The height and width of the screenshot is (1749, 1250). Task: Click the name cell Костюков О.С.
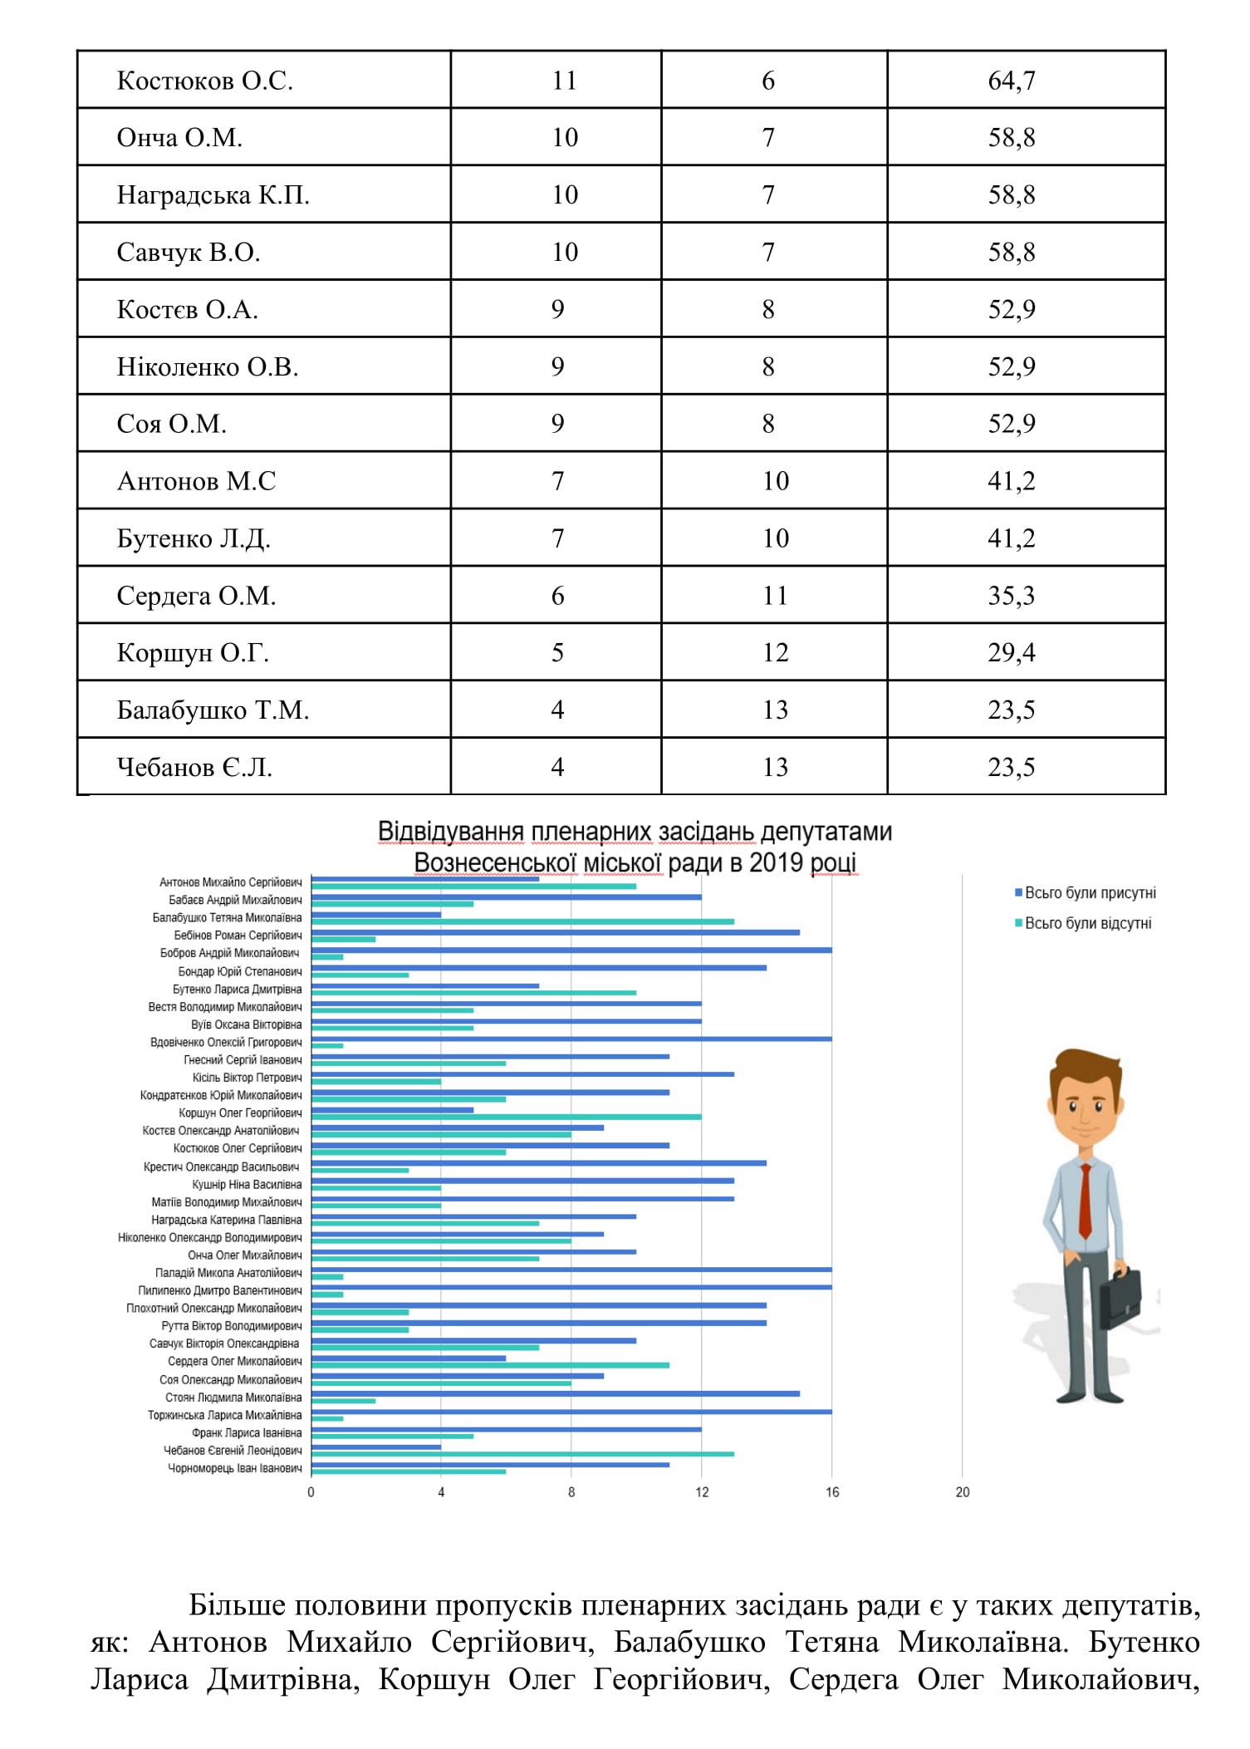[x=204, y=81]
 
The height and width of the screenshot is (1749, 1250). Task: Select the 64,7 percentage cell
[x=1011, y=81]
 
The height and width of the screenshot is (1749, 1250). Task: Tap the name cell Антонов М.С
[x=196, y=481]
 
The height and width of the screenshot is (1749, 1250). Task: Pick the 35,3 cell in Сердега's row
[x=1011, y=596]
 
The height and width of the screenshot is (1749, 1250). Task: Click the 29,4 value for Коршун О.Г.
[x=1011, y=653]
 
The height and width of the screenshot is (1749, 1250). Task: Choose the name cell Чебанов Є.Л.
[x=194, y=767]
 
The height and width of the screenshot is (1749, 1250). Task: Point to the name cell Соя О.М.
[x=171, y=424]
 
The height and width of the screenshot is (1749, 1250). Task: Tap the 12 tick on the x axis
[x=702, y=1516]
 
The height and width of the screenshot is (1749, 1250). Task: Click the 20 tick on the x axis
[x=962, y=1516]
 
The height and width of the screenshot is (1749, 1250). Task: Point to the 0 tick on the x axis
[x=311, y=1516]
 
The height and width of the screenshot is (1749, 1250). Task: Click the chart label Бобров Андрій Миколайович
[x=230, y=953]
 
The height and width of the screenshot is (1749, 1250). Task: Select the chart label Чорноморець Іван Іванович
[x=235, y=1468]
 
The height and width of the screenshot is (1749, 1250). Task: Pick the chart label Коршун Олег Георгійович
[x=240, y=1113]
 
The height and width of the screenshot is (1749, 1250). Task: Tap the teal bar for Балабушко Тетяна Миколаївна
[x=523, y=921]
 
